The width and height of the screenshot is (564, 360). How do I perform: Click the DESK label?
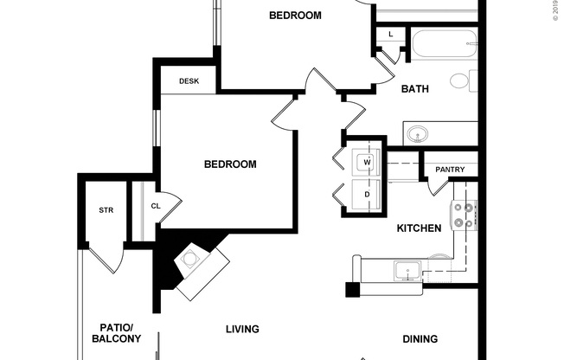coord(189,81)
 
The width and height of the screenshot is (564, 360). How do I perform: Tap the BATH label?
coord(415,88)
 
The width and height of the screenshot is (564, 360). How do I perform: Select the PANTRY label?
coord(450,170)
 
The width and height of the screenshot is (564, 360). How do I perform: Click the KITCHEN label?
coord(419,228)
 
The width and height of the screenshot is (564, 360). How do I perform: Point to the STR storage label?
coord(106,210)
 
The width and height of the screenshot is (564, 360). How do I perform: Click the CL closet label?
coord(156,206)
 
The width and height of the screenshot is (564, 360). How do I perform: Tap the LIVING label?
coord(242,329)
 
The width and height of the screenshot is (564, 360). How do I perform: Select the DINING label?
coord(420,338)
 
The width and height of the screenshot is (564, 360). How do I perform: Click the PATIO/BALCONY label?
coord(115,332)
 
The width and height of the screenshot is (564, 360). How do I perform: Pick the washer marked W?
coord(367,162)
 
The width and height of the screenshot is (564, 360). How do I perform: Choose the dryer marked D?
coord(367,195)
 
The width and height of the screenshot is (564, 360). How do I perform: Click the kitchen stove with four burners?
coord(463,215)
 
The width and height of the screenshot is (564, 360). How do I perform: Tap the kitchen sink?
coord(407,272)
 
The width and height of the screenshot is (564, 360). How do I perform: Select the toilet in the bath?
coord(461,82)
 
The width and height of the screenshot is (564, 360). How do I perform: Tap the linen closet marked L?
coord(390,34)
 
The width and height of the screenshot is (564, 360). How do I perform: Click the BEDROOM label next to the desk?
coord(230,164)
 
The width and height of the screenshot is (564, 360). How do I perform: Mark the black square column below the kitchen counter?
coord(352,290)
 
